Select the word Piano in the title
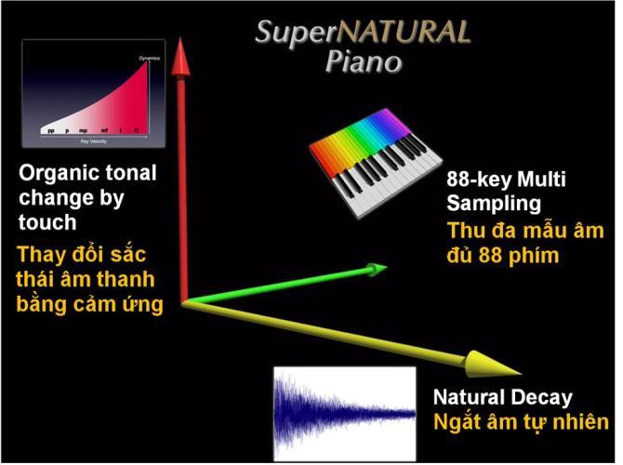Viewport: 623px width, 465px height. pos(364,62)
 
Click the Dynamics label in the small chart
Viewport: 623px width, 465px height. pos(150,58)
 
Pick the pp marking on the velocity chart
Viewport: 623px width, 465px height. pos(52,131)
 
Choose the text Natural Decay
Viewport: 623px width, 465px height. pos(502,398)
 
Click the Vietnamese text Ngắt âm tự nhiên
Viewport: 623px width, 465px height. pos(521,422)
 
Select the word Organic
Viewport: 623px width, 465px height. pos(55,174)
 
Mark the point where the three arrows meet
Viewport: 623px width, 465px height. pos(184,301)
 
